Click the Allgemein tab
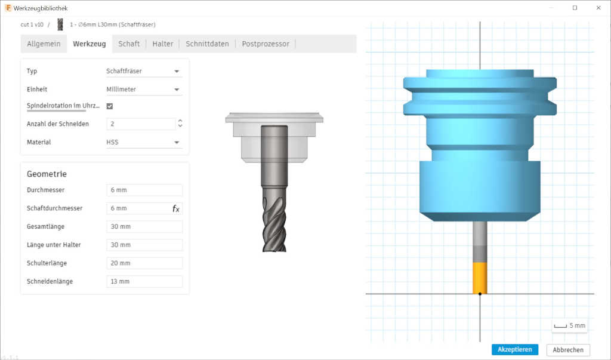(44, 44)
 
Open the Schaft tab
(129, 44)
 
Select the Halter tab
(162, 44)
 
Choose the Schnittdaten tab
(207, 44)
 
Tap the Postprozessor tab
(266, 44)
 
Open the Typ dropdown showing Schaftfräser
(144, 71)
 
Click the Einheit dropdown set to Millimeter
(144, 90)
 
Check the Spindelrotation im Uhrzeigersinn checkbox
(110, 106)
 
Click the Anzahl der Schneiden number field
(141, 124)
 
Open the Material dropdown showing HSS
(144, 142)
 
